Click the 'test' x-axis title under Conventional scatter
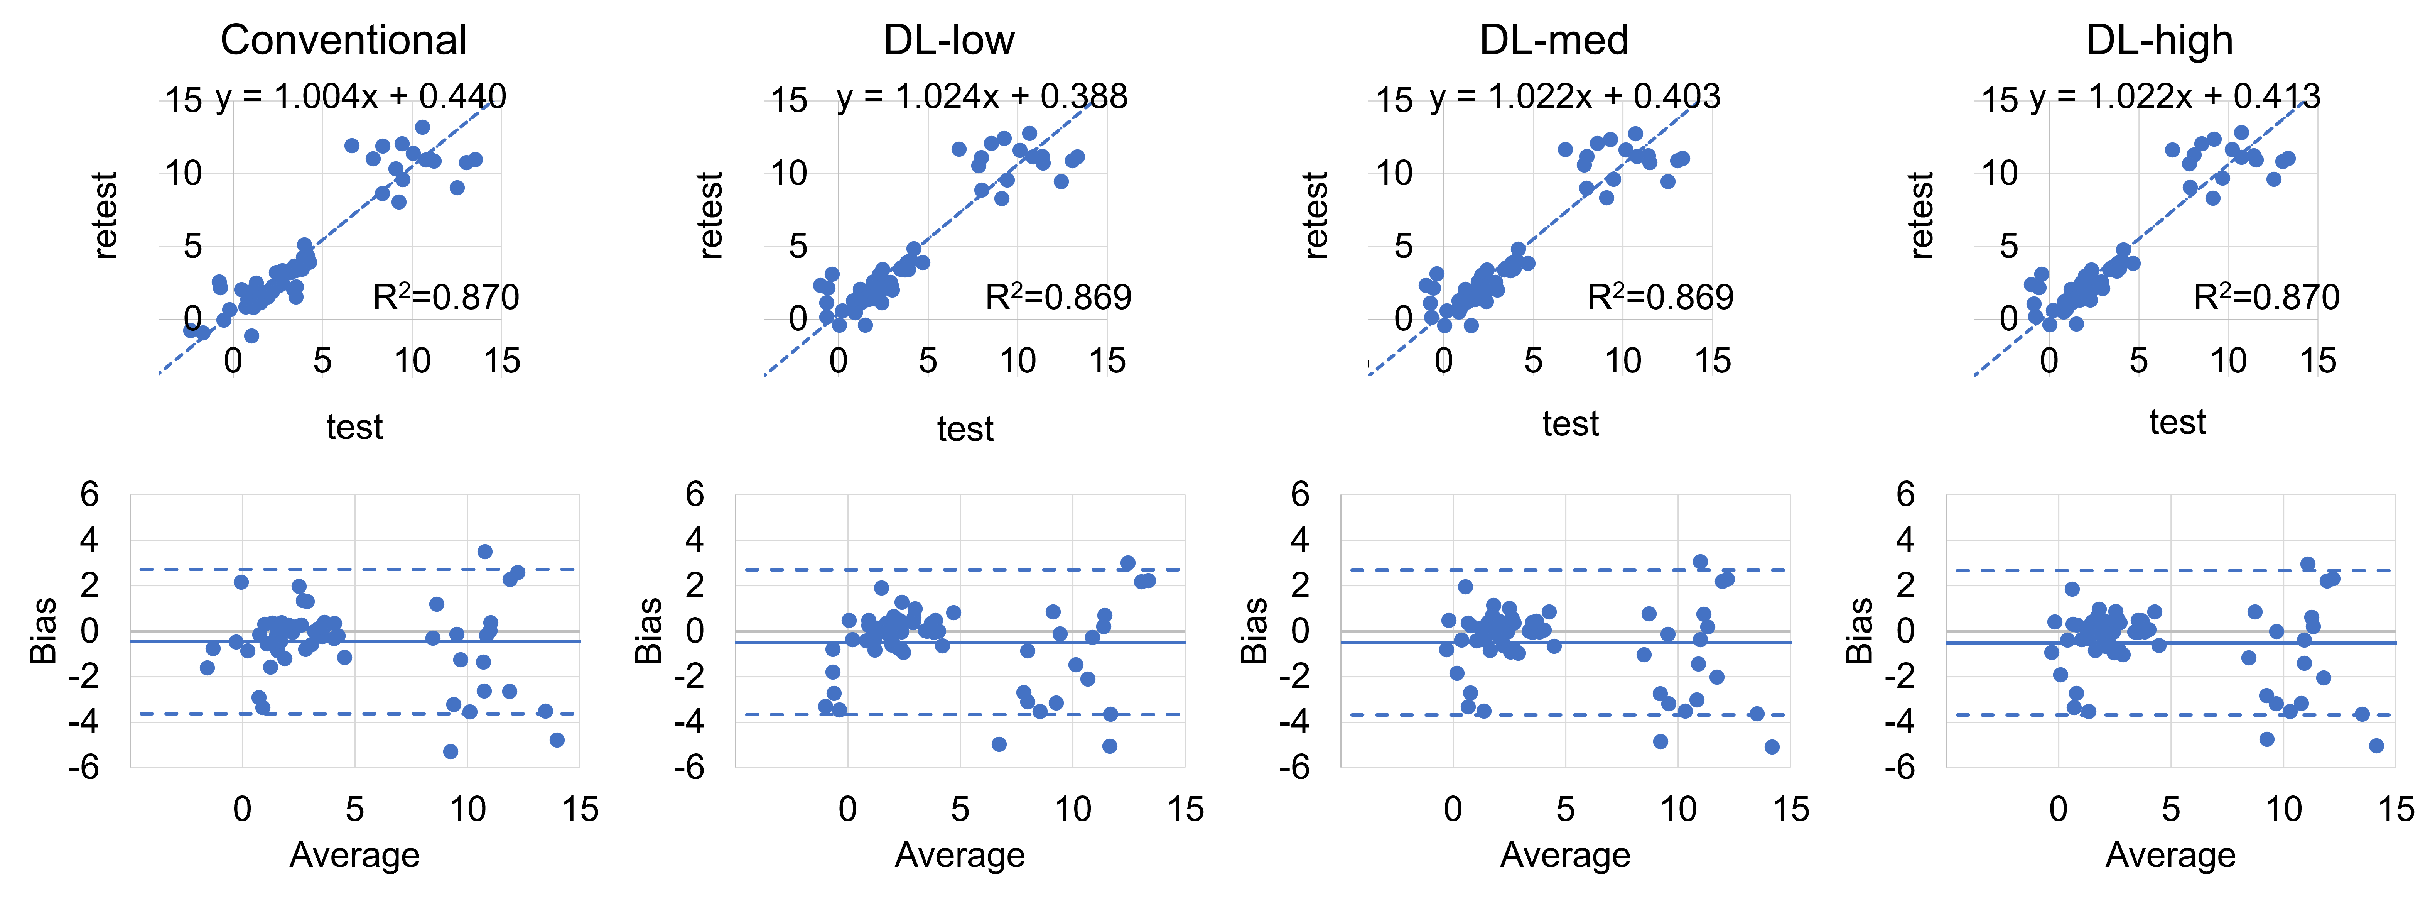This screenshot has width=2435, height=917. (354, 427)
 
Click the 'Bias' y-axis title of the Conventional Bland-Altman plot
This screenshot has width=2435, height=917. (44, 631)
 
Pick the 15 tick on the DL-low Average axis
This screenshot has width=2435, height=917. (1185, 809)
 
